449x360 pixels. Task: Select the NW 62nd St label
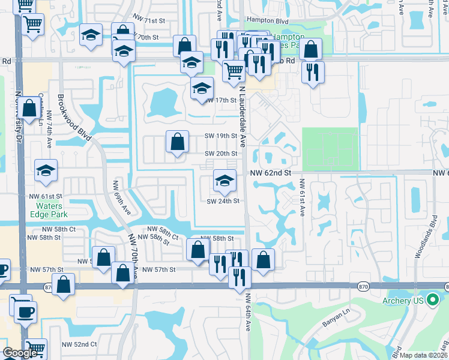tap(271, 173)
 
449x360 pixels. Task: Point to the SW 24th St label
tap(223, 201)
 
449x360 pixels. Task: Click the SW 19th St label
tap(221, 136)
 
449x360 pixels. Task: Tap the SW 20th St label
tap(221, 154)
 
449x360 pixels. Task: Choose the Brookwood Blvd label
tap(74, 117)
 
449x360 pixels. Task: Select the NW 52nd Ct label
tap(79, 344)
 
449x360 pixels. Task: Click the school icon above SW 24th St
tap(224, 180)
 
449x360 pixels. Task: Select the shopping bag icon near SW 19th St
tap(178, 142)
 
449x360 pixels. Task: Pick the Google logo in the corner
tap(19, 353)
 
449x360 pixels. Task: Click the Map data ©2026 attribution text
tap(424, 355)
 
